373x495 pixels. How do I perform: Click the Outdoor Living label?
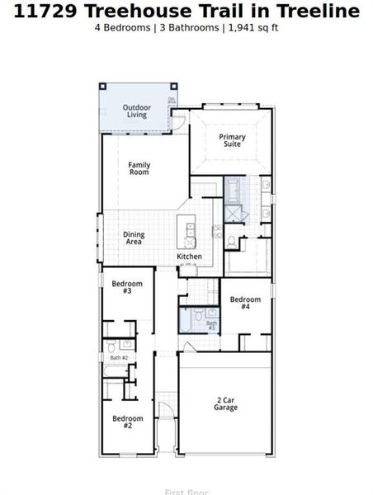[136, 111]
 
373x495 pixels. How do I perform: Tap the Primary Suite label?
[232, 140]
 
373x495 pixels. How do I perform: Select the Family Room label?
[139, 168]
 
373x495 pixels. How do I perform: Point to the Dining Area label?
[134, 238]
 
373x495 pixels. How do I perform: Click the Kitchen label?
[189, 257]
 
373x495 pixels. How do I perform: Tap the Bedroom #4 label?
[245, 303]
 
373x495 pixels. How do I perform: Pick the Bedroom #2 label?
[128, 422]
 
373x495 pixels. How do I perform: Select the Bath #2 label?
[119, 357]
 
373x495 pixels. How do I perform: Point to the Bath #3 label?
[211, 325]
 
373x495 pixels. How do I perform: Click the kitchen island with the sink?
[191, 233]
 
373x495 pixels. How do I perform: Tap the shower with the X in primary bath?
[234, 213]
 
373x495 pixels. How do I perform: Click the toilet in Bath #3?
[198, 314]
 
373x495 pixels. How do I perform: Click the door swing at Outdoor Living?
[177, 123]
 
